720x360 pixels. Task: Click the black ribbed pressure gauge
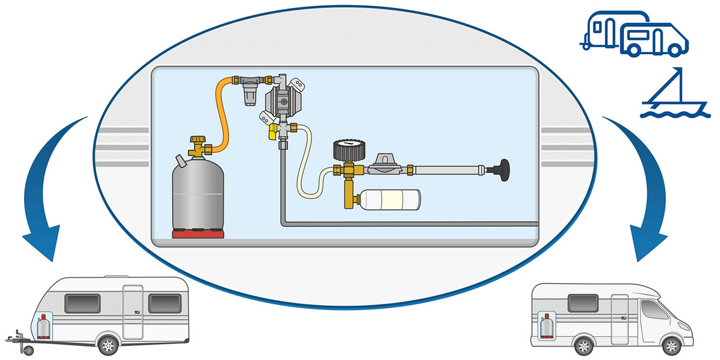tap(346, 150)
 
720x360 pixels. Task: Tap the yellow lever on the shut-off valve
tap(271, 133)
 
